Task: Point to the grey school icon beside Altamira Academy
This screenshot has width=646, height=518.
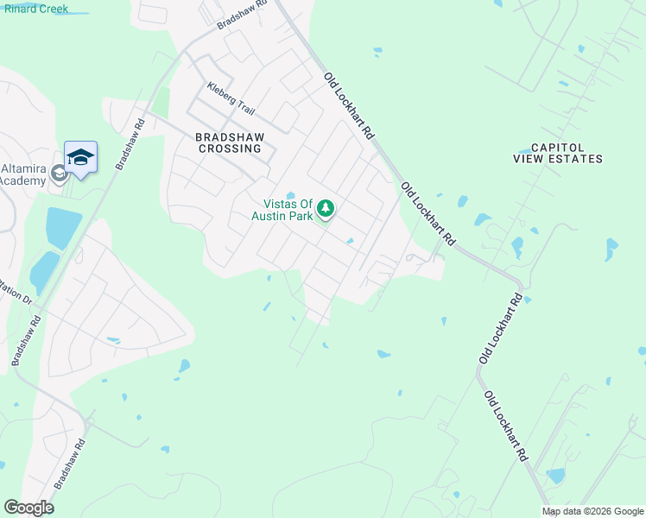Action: (59, 174)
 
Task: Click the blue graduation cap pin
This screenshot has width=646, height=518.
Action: (80, 157)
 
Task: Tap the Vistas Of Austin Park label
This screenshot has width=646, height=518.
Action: (282, 210)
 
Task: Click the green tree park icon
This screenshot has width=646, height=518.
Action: (326, 209)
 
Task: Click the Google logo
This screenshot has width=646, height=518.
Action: (28, 508)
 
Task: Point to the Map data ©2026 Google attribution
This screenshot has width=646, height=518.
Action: (592, 511)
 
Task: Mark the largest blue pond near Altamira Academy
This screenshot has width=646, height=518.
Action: (62, 227)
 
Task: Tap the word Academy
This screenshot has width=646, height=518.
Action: (22, 180)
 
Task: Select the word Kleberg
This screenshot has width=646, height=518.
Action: (221, 90)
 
